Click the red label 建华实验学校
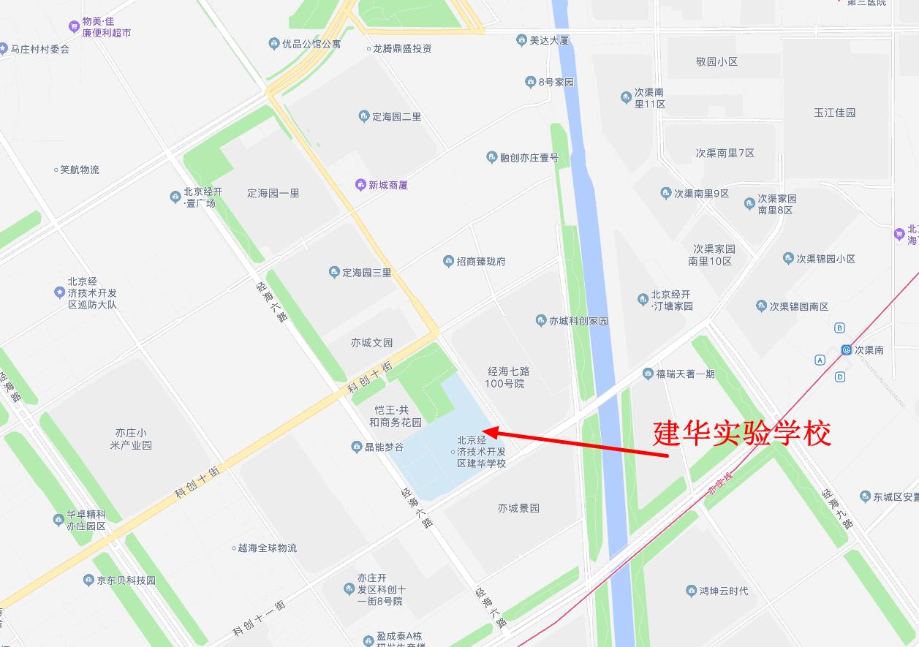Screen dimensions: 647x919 742,434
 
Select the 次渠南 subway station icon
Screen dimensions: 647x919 847,350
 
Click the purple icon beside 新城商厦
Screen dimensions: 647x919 360,185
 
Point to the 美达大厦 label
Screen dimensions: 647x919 549,40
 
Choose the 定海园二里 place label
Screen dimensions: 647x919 396,117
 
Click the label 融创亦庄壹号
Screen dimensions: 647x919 529,158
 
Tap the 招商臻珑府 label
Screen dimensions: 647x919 480,262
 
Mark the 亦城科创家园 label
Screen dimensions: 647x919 578,321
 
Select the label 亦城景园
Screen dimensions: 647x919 518,508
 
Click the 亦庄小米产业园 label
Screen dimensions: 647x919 131,439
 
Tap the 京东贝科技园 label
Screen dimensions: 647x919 126,580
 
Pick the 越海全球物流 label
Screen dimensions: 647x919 267,548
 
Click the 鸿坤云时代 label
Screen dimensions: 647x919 723,591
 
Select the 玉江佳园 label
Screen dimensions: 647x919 834,113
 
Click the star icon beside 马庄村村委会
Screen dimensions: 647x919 4,49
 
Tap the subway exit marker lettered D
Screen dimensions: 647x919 840,377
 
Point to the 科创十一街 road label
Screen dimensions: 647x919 259,618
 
